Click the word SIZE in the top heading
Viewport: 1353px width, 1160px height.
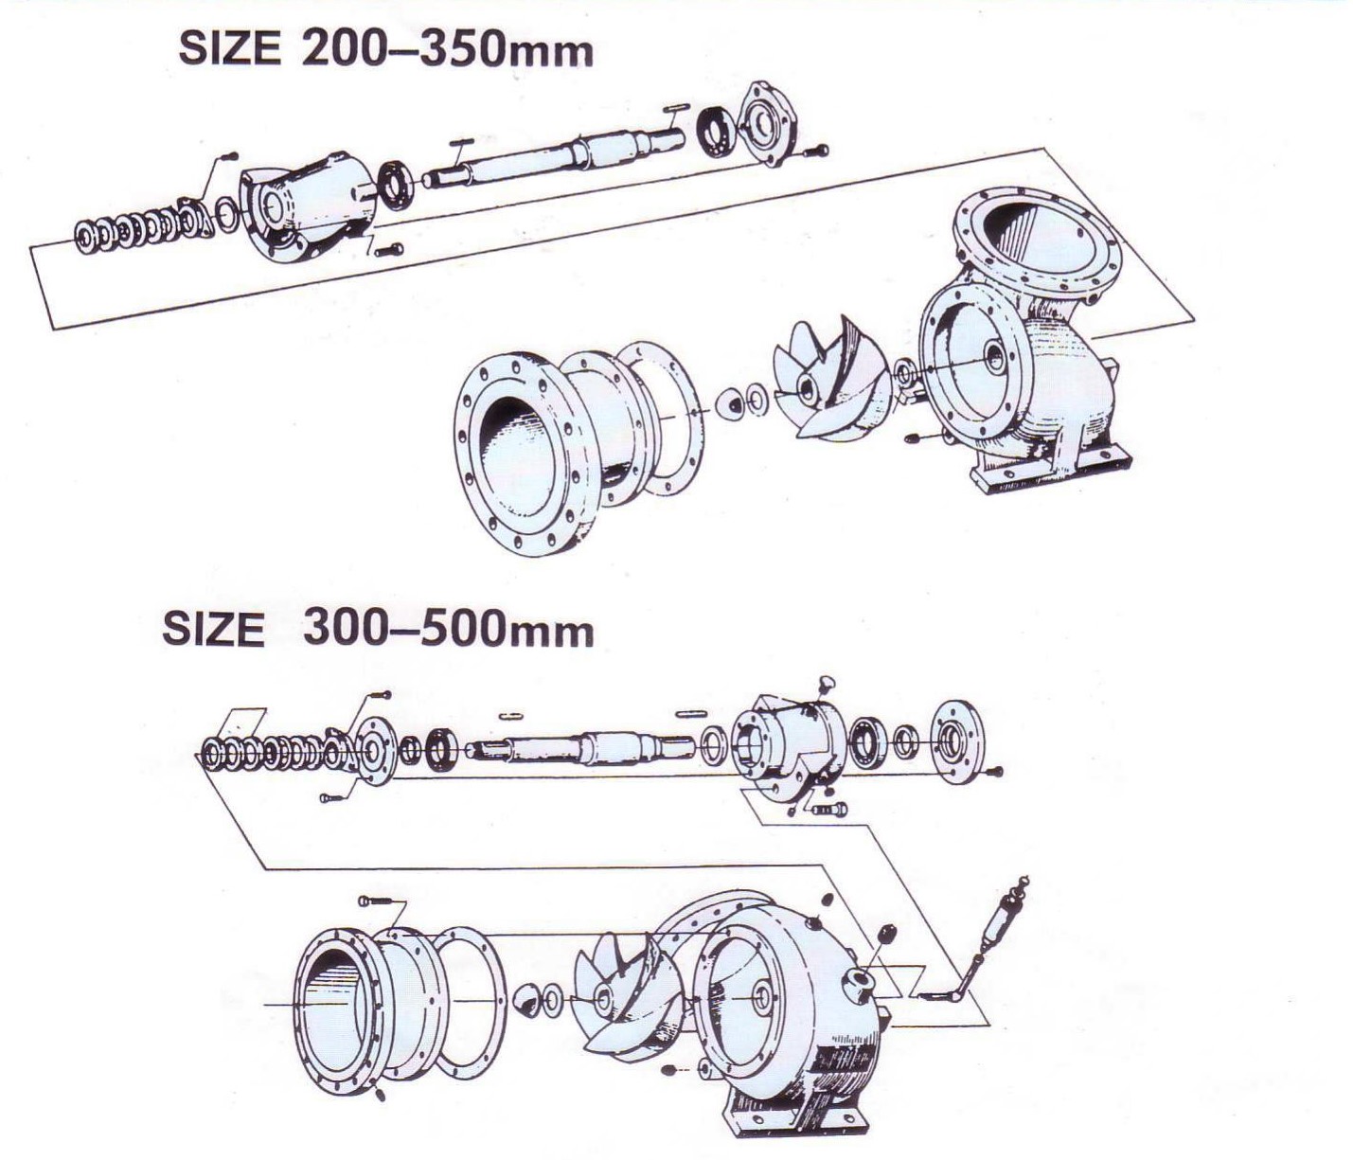[229, 49]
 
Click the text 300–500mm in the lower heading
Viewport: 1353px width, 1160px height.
[448, 630]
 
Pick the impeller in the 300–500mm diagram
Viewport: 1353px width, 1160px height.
[624, 994]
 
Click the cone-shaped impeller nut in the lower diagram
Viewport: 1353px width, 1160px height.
[527, 999]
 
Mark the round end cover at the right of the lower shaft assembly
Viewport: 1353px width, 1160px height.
[956, 741]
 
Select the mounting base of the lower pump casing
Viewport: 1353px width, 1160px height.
[795, 1117]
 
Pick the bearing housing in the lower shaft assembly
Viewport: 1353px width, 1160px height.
[791, 743]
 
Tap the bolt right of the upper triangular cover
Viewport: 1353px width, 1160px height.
[816, 151]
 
